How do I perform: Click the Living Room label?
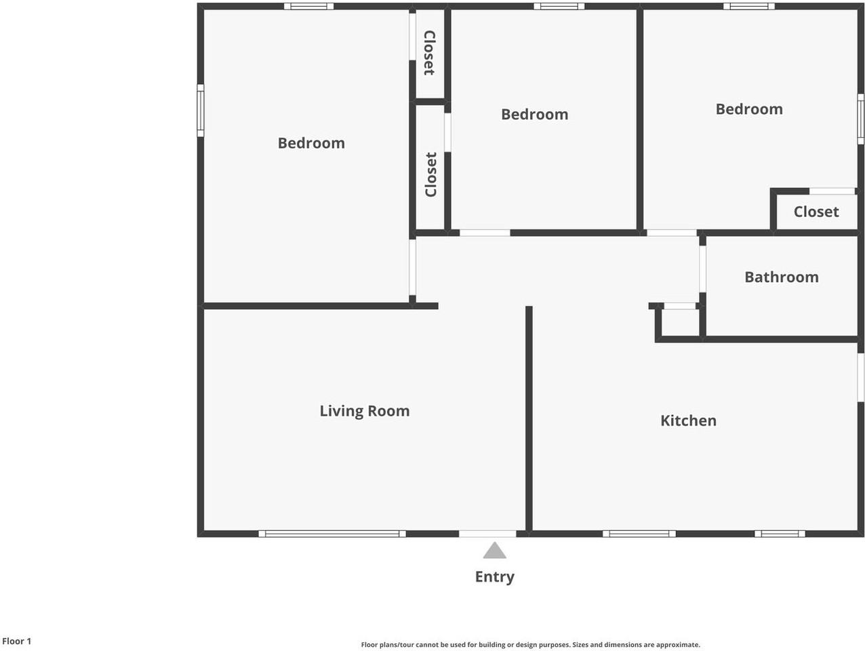click(364, 411)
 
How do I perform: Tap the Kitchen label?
click(688, 420)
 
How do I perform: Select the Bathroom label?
click(781, 277)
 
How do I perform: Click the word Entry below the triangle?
click(494, 576)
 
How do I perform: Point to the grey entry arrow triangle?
click(494, 551)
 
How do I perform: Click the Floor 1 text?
click(17, 641)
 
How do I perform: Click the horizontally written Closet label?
click(816, 212)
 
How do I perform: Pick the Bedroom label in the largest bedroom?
click(311, 143)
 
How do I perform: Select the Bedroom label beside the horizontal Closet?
click(748, 109)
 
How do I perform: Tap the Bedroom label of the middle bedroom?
click(534, 115)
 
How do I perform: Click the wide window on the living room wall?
click(332, 534)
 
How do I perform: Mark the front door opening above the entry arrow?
click(487, 534)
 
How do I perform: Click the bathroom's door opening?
click(702, 269)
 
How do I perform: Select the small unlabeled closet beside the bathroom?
click(680, 323)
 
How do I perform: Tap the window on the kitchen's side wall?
click(860, 377)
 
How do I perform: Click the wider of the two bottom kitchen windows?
click(639, 534)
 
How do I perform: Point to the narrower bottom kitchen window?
click(780, 534)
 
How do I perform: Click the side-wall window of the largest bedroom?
click(201, 111)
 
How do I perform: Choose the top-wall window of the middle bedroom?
click(559, 7)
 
